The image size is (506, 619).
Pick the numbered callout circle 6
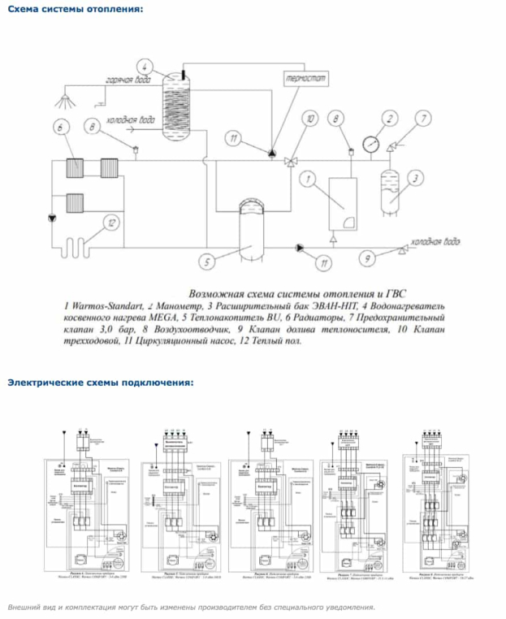(x=60, y=127)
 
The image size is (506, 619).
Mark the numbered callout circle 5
(x=206, y=262)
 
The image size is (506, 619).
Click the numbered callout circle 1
(x=308, y=176)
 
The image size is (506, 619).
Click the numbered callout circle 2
(x=388, y=119)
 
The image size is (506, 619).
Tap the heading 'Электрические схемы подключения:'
(x=101, y=382)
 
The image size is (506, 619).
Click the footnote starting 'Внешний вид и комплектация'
(x=192, y=607)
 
